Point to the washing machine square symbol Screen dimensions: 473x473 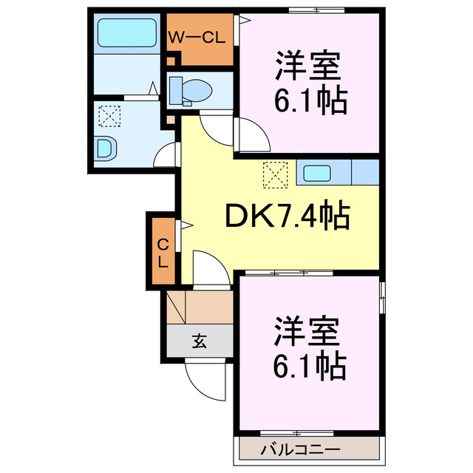click(110, 117)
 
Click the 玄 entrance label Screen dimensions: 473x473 click(200, 341)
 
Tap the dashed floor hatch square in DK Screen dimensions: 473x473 click(274, 174)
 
